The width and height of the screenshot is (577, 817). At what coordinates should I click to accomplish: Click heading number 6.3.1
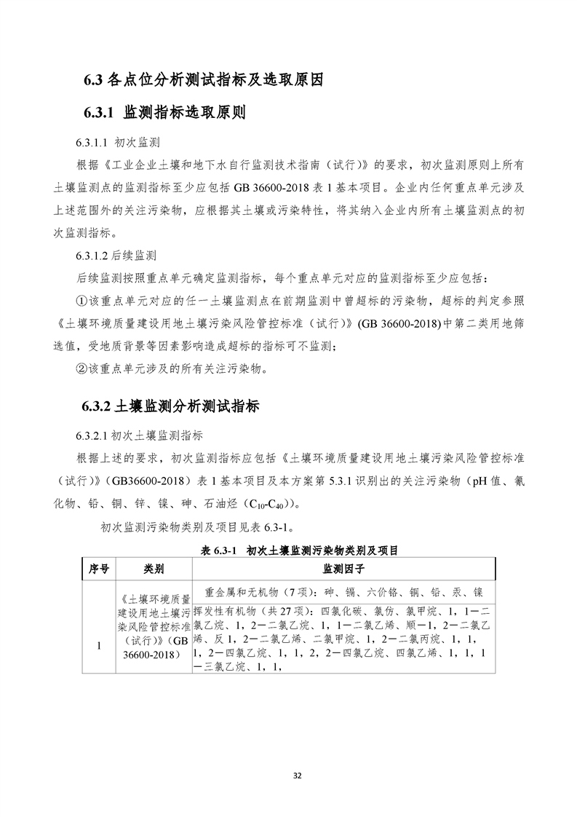coord(99,113)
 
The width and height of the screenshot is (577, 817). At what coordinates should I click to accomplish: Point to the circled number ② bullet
coord(82,368)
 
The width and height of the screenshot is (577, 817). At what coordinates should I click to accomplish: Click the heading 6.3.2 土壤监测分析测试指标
coord(167,405)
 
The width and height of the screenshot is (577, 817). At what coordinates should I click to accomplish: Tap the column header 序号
coord(98,568)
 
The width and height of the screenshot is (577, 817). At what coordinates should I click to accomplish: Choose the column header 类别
coord(154,568)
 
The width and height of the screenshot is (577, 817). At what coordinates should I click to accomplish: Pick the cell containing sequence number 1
coord(98,645)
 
